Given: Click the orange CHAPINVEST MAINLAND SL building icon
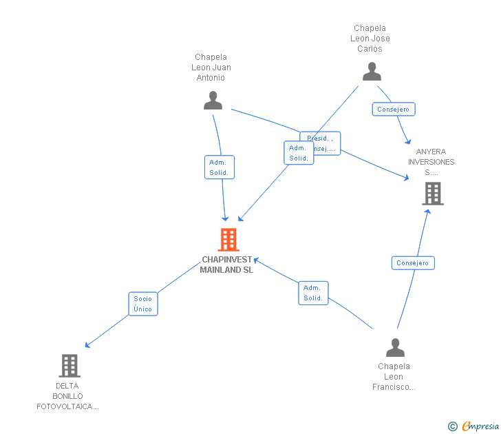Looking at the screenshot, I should point(228,240).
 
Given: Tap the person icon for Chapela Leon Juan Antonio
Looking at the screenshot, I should point(213,101).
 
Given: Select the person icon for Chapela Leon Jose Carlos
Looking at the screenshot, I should point(372,72).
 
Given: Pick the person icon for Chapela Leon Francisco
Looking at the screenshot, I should point(395,347).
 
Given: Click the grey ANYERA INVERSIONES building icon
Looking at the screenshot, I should point(432,194).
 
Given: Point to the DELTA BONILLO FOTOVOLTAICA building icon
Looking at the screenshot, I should point(70,365).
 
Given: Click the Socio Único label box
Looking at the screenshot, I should point(143,304).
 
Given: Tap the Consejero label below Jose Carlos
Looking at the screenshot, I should point(393,109).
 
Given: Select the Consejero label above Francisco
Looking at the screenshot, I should point(412,262).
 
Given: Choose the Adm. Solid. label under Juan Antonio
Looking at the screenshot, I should point(220,167).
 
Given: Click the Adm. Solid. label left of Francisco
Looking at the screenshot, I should point(313,293).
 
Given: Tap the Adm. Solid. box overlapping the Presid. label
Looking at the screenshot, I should point(298,153).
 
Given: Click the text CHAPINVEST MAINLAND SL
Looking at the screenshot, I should point(226,265).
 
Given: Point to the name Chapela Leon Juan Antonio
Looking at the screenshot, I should point(211,68).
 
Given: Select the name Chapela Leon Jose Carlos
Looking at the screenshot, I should point(370,39).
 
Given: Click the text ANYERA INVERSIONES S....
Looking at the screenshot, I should point(431,162).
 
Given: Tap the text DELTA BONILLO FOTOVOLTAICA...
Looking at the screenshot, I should point(67,396).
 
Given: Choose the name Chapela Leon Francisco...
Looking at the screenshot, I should point(394,377).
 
